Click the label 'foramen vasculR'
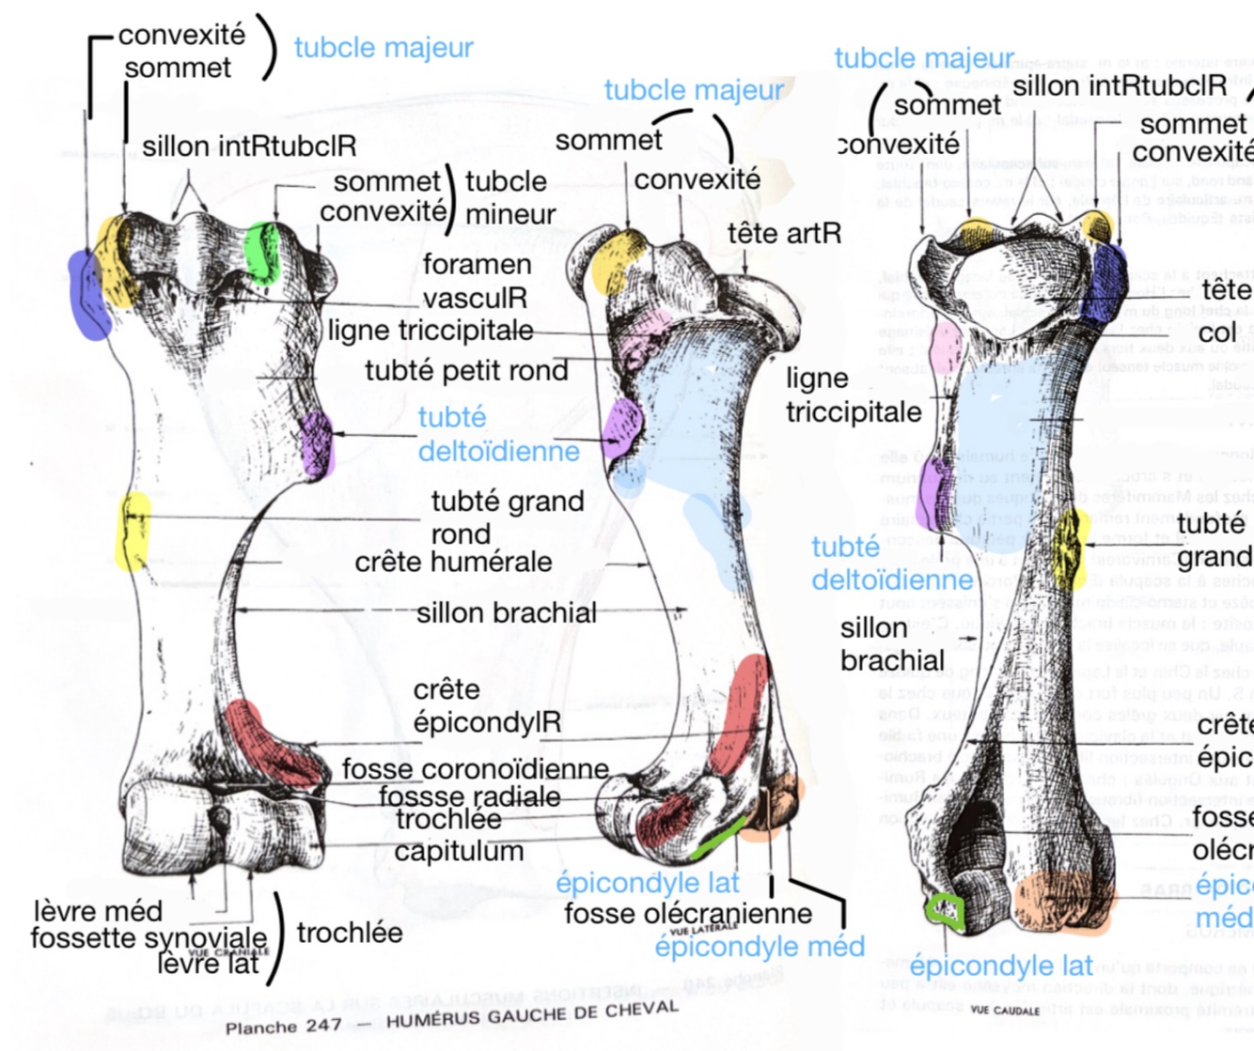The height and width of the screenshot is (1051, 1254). point(476,282)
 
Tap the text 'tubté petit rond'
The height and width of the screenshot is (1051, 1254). point(466,371)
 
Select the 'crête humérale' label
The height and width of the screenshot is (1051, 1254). point(453,563)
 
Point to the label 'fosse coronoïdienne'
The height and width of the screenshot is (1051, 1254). point(475,769)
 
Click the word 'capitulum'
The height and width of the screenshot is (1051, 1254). point(459,851)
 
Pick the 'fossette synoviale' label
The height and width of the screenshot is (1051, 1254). point(149,937)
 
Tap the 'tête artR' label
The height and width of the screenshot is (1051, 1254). point(784,233)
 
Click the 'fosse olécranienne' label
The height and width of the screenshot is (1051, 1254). point(688,913)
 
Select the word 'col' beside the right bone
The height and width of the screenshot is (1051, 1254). point(1217,332)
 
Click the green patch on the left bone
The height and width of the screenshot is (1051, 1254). point(262,252)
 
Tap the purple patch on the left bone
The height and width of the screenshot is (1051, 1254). point(317,443)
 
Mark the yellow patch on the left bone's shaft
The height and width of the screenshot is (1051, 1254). point(133,531)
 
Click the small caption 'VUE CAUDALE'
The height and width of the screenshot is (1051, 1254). point(1005,1011)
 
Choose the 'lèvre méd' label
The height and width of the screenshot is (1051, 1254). point(98,911)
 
